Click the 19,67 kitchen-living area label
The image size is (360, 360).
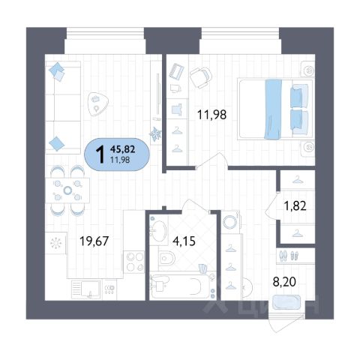click(x=94, y=241)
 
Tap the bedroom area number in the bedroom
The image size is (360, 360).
click(x=211, y=115)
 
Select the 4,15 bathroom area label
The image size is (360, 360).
click(x=184, y=241)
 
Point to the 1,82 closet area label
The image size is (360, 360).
click(x=295, y=206)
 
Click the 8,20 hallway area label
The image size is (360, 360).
click(x=284, y=282)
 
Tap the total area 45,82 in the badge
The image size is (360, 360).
click(x=122, y=149)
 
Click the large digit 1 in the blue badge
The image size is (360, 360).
click(x=100, y=154)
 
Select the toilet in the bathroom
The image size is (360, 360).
click(x=166, y=259)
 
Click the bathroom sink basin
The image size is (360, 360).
click(x=159, y=232)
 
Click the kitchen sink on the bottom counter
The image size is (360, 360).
click(x=85, y=289)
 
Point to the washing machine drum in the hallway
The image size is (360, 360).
click(x=230, y=221)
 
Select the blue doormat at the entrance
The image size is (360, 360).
click(x=286, y=302)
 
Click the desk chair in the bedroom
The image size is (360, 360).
click(x=200, y=77)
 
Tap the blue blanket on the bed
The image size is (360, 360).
click(x=273, y=109)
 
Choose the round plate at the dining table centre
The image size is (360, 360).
click(x=67, y=190)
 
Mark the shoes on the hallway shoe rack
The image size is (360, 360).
click(x=289, y=256)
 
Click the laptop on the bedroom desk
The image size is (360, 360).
click(x=176, y=70)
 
